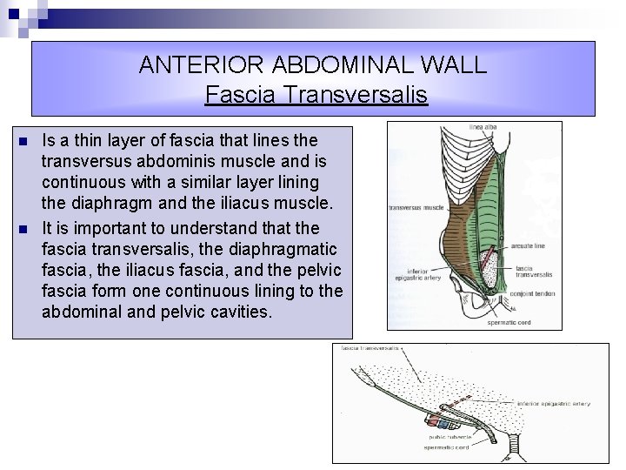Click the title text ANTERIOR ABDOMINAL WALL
pyautogui.click(x=313, y=64)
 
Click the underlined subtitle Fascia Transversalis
pyautogui.click(x=316, y=94)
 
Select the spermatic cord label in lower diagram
pyautogui.click(x=448, y=447)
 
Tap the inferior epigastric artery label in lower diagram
pyautogui.click(x=553, y=404)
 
